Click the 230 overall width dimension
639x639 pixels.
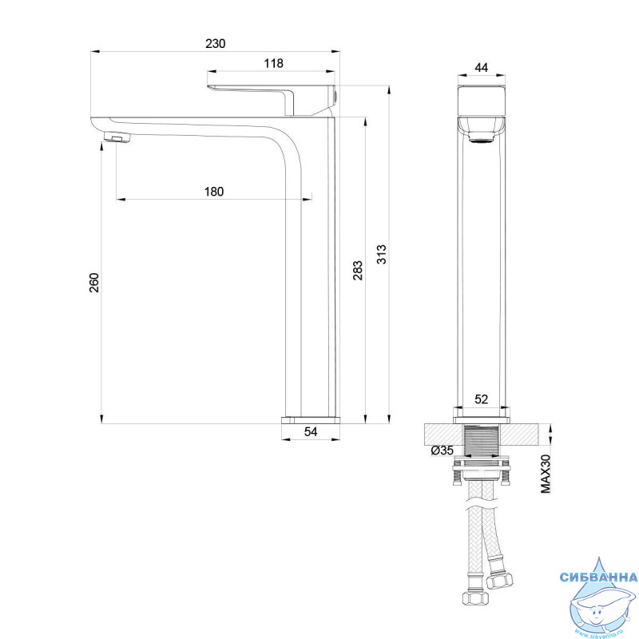pos(215,44)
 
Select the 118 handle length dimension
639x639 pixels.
pos(273,64)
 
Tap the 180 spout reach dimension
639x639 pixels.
pos(214,192)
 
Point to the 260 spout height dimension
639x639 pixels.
pos(94,283)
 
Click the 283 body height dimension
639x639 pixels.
pos(358,270)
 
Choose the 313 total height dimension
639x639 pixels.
pos(382,254)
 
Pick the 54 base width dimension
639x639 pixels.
pos(311,432)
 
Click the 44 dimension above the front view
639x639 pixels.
pos(482,68)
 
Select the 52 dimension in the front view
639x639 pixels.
pos(482,399)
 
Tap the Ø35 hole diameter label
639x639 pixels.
pos(443,450)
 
